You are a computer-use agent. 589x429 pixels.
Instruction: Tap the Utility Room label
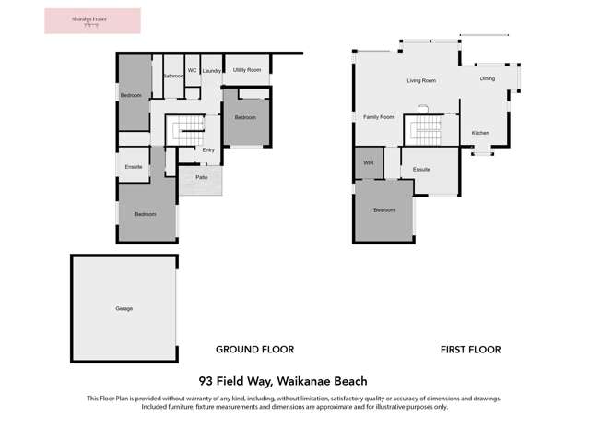click(x=246, y=70)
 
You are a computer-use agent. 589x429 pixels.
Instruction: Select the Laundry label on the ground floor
click(x=211, y=71)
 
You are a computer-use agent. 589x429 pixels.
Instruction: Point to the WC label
click(x=192, y=70)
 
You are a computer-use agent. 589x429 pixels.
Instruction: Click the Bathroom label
click(x=172, y=76)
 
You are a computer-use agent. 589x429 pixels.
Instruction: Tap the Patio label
click(x=201, y=175)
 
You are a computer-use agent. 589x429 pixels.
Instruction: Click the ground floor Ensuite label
click(x=134, y=166)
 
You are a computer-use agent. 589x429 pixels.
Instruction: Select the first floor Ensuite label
click(x=421, y=170)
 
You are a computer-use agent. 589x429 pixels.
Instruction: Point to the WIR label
click(x=369, y=163)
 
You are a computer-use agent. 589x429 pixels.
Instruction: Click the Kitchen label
click(x=480, y=133)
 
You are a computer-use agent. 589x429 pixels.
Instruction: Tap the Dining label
click(x=487, y=78)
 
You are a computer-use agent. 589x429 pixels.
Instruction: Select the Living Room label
click(x=421, y=81)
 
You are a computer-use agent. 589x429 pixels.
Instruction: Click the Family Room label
click(x=378, y=117)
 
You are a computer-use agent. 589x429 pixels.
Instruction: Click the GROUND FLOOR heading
click(x=254, y=350)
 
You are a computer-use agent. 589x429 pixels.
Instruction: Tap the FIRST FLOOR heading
click(x=470, y=350)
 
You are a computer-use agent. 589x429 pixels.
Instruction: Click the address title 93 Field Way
click(x=283, y=380)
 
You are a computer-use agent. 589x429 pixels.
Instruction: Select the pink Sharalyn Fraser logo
click(x=92, y=21)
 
